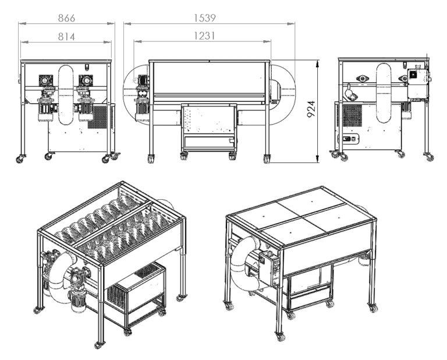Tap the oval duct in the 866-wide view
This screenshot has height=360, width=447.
(x=66, y=93)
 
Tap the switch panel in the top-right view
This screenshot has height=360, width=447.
(x=351, y=139)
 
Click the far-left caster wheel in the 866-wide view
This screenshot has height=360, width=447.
(x=20, y=158)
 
